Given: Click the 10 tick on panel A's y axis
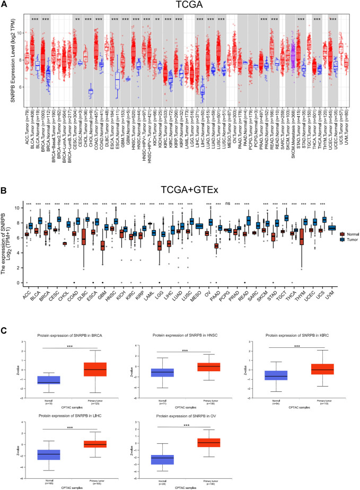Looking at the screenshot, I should coord(17,33).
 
